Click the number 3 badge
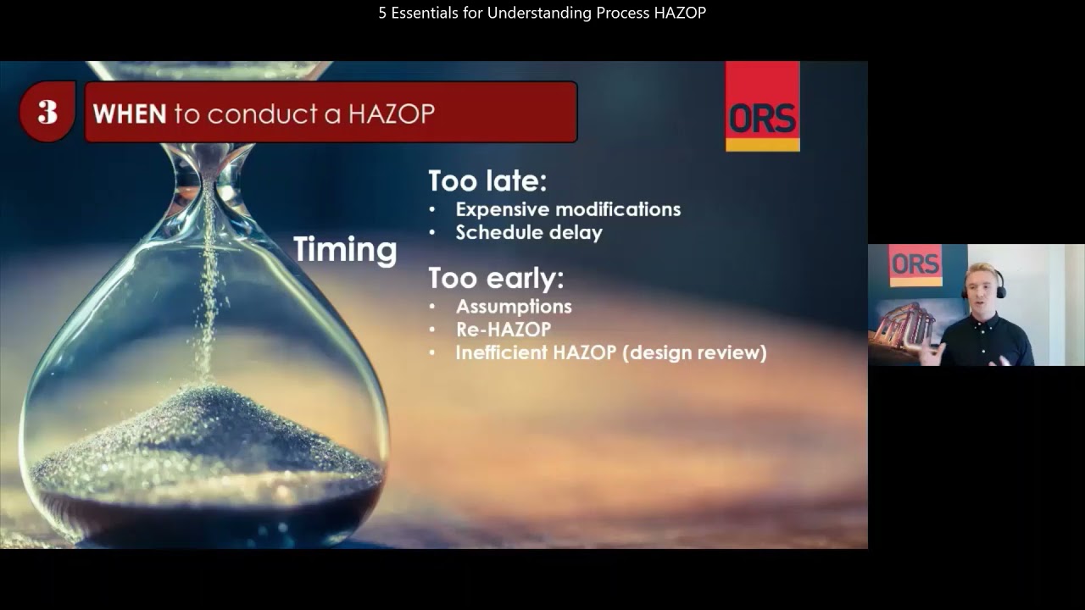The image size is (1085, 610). pos(47,112)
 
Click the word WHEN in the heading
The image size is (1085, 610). pos(129,114)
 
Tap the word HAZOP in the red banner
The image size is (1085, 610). pos(391,114)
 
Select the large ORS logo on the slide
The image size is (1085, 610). pos(762,106)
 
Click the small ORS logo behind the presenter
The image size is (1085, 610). pos(915,264)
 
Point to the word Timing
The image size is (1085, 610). pos(345,250)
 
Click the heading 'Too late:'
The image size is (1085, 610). pos(487,180)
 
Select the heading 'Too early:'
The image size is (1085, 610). pos(496,278)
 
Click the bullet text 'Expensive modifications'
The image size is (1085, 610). pos(568,209)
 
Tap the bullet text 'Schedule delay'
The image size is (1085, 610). pos(529,233)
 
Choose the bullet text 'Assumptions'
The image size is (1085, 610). pos(514,307)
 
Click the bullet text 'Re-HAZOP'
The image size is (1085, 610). pos(504,330)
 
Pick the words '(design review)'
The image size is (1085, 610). pos(694,353)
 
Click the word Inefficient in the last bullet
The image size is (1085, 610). pos(502,353)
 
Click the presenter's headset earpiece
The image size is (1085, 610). pos(1001,291)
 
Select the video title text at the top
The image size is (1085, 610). pos(542,13)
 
